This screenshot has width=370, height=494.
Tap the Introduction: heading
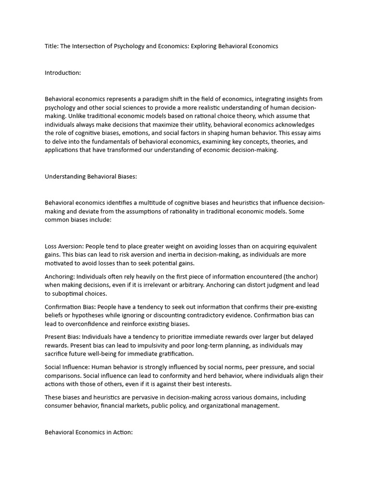click(63, 73)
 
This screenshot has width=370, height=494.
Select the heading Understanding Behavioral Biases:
click(91, 177)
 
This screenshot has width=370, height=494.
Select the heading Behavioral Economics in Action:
click(89, 432)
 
